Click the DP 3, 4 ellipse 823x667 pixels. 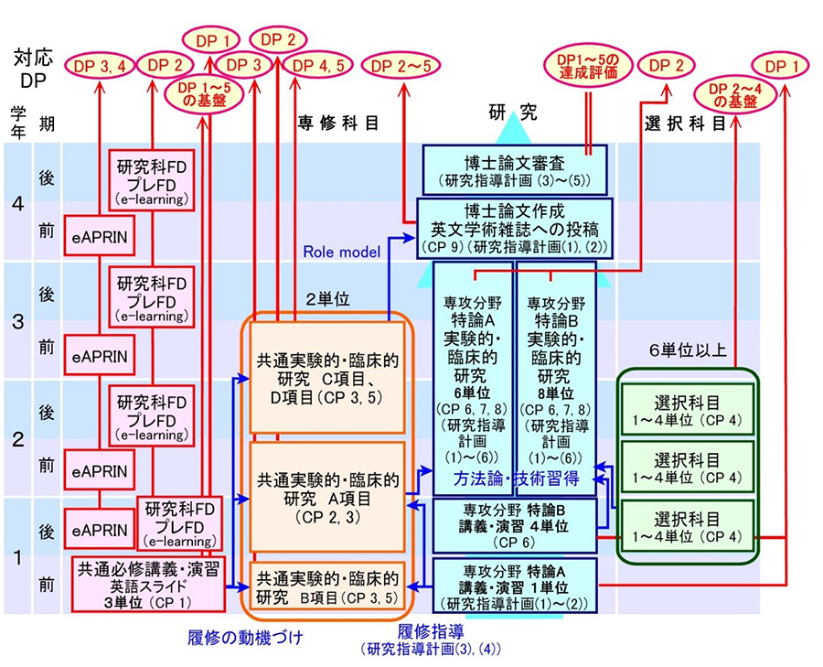coord(99,66)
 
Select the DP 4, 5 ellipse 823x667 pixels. coord(318,66)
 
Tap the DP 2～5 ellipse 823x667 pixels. coord(401,66)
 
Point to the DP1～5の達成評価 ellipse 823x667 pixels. coord(587,67)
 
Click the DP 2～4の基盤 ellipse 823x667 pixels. coord(735,96)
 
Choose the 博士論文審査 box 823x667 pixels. coord(515,170)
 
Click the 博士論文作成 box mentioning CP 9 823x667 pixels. coord(515,229)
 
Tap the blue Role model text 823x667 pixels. coord(342,253)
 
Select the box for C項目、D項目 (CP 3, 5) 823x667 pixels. coord(327,378)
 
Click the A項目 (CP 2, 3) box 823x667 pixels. coord(327,497)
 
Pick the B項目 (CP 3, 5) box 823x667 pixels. coord(327,585)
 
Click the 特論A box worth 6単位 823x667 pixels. coord(473,378)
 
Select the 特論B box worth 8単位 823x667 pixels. coord(556,378)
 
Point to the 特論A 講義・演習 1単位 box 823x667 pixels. coord(515,586)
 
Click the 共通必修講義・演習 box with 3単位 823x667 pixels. coord(148,585)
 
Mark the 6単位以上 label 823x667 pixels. coord(687,350)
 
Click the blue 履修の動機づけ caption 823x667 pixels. coord(245,638)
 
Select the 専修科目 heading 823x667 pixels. coord(338,123)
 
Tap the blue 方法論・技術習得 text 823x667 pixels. coord(517,479)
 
